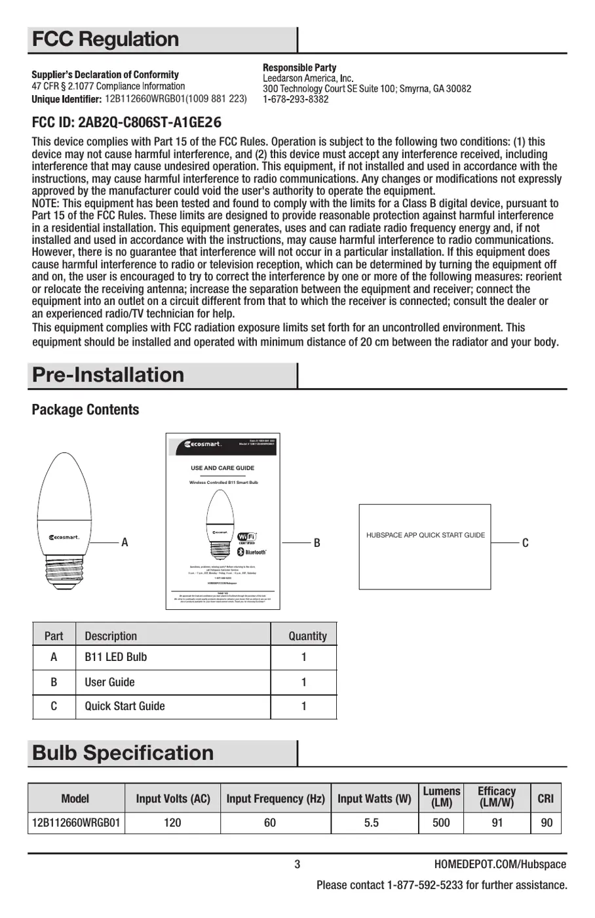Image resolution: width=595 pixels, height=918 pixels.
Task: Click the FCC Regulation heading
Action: pyautogui.click(x=106, y=39)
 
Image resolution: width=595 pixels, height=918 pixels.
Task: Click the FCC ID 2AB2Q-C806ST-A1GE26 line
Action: pyautogui.click(x=126, y=123)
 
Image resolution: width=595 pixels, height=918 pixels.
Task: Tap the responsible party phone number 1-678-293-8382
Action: pyautogui.click(x=296, y=100)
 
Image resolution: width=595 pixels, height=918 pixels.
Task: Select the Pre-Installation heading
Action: pyautogui.click(x=108, y=375)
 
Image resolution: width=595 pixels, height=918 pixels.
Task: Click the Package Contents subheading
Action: pyautogui.click(x=85, y=410)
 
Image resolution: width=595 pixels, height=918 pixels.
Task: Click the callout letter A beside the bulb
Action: pyautogui.click(x=125, y=543)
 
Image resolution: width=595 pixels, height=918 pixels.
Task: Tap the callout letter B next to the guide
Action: pyautogui.click(x=317, y=543)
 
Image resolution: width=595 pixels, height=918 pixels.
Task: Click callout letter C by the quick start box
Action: pyautogui.click(x=525, y=543)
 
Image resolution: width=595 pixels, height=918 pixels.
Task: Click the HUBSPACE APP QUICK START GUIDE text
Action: pyautogui.click(x=425, y=535)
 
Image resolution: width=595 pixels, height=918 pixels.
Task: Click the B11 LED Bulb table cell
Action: pyautogui.click(x=115, y=657)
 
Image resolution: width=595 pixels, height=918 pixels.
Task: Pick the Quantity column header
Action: pyautogui.click(x=307, y=636)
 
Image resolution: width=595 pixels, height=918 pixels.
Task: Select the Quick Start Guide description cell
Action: pyautogui.click(x=125, y=706)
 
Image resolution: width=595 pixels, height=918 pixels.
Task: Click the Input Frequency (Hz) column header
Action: pyautogui.click(x=275, y=799)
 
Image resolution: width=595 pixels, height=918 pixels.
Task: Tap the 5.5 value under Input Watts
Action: pyautogui.click(x=372, y=822)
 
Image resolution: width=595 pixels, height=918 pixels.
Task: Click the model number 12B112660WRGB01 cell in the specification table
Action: pyautogui.click(x=75, y=822)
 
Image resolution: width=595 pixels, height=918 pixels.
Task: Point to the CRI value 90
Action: pyautogui.click(x=546, y=822)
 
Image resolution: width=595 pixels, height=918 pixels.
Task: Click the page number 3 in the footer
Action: pyautogui.click(x=297, y=864)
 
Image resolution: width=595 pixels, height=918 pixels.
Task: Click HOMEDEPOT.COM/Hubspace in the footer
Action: pyautogui.click(x=500, y=864)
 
